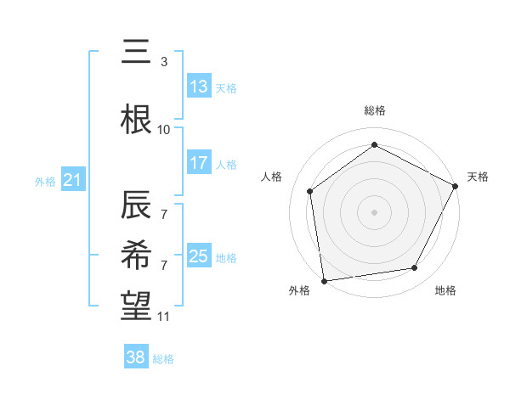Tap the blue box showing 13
pyautogui.click(x=199, y=87)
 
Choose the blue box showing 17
pyautogui.click(x=199, y=163)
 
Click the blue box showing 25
pyautogui.click(x=199, y=256)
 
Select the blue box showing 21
pyautogui.click(x=72, y=180)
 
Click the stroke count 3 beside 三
pyautogui.click(x=164, y=62)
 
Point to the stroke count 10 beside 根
pyautogui.click(x=164, y=130)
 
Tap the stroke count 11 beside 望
pyautogui.click(x=164, y=317)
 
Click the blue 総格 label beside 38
pyautogui.click(x=163, y=359)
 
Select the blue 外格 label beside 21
pyautogui.click(x=44, y=181)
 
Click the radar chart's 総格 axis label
pyautogui.click(x=374, y=110)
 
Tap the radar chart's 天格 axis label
pyautogui.click(x=478, y=177)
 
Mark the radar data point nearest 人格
pyautogui.click(x=310, y=191)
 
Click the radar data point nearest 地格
pyautogui.click(x=415, y=268)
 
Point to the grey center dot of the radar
pyautogui.click(x=374, y=211)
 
